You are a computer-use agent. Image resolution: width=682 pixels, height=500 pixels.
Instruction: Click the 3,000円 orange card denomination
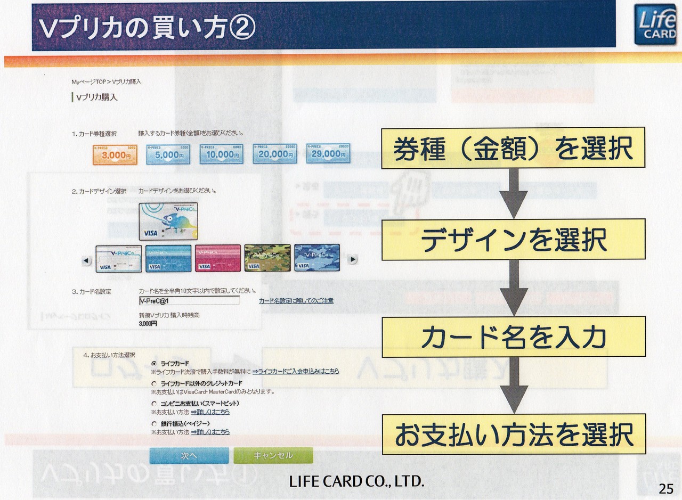[115, 154]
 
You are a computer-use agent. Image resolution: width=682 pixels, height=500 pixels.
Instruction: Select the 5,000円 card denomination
[168, 154]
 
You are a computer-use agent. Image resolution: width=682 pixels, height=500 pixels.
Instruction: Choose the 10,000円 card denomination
[222, 154]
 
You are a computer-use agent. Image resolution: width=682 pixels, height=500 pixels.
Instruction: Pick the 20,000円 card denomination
[275, 154]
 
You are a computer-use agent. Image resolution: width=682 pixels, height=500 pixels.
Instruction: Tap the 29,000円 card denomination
[328, 154]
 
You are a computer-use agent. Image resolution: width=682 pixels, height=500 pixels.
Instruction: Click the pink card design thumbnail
[217, 258]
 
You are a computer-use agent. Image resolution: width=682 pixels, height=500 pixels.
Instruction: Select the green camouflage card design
[267, 258]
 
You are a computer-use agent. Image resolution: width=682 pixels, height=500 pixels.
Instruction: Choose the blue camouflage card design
[317, 258]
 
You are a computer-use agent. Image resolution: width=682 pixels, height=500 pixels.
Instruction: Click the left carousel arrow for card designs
[87, 260]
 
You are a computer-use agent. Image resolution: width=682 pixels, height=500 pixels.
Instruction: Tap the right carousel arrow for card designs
[352, 259]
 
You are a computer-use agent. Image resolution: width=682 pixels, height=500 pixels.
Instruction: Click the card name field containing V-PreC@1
[189, 301]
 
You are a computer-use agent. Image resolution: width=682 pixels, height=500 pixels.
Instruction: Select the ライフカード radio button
[154, 363]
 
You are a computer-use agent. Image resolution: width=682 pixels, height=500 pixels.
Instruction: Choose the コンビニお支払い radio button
[154, 404]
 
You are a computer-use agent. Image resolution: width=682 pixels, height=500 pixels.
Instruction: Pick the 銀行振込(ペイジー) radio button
[154, 424]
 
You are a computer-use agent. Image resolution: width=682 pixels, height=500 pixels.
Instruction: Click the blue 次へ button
[189, 456]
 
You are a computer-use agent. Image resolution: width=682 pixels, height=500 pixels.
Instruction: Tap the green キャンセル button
[273, 456]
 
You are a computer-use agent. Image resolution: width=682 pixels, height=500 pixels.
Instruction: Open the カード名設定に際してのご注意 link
[296, 301]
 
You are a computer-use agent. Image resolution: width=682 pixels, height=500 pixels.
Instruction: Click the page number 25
[666, 488]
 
